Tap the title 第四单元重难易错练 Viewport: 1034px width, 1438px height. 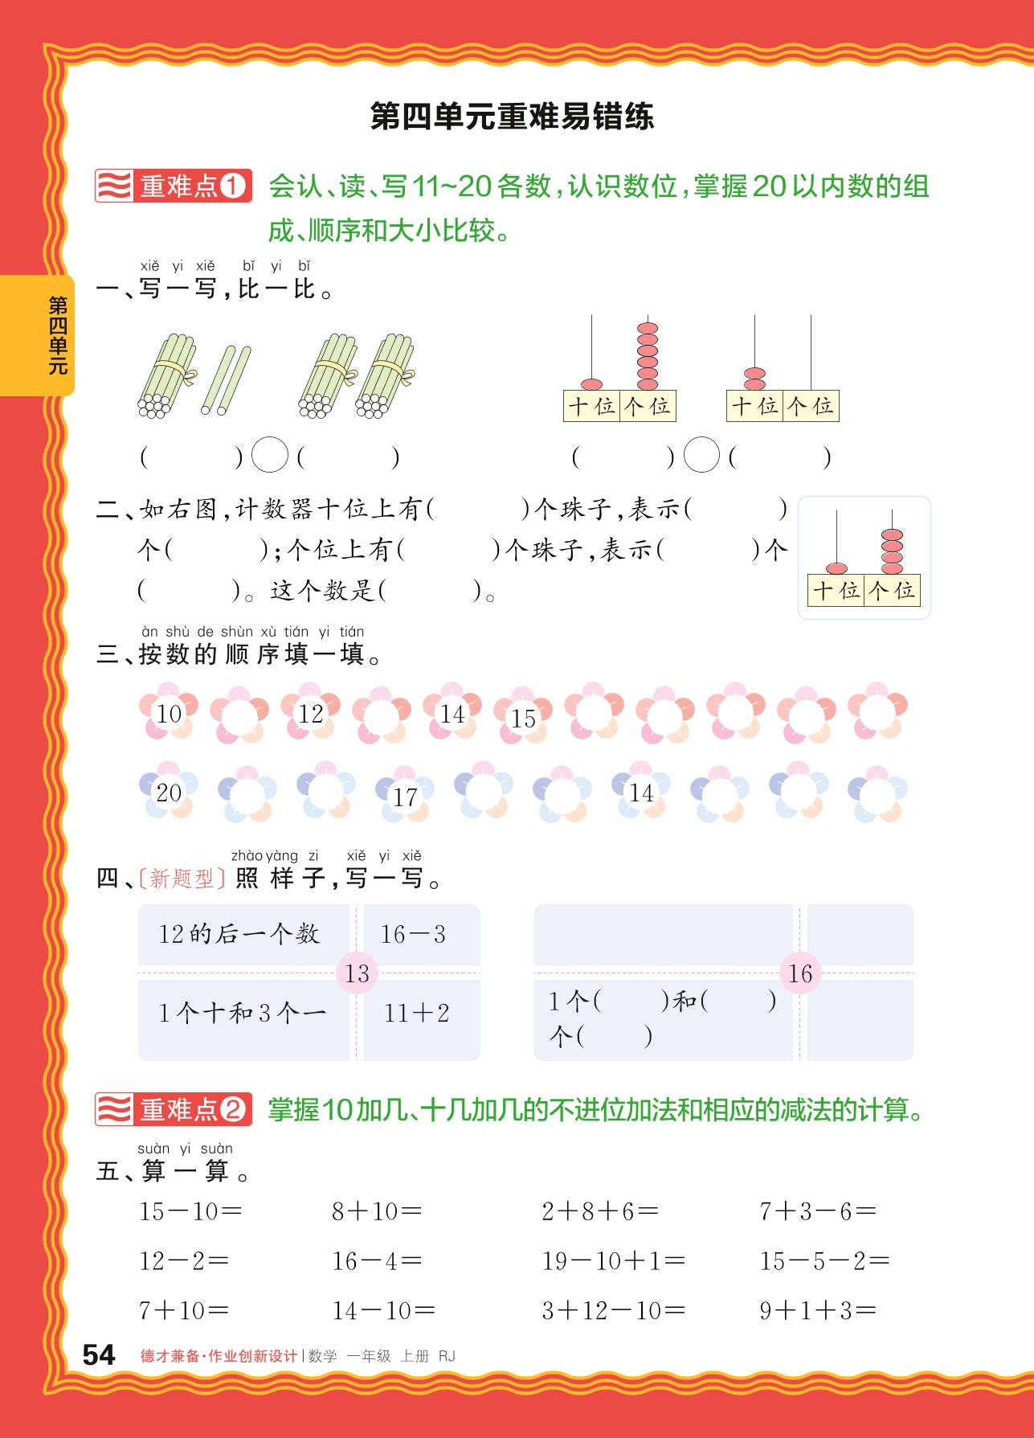(512, 117)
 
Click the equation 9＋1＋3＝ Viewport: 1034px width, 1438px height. (818, 1311)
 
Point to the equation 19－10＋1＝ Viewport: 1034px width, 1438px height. (614, 1261)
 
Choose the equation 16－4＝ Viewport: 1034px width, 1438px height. (377, 1261)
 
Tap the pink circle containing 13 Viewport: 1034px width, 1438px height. (357, 973)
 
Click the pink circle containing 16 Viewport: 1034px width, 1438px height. (800, 973)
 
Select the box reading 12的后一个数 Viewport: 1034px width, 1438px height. (239, 934)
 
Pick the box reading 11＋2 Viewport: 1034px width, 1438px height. (416, 1013)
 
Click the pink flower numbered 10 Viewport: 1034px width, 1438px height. (169, 713)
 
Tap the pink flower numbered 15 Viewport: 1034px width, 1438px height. (523, 718)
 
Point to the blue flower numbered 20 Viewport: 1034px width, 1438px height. (169, 792)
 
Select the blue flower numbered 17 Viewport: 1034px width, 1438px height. (405, 797)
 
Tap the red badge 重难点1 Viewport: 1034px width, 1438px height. (174, 186)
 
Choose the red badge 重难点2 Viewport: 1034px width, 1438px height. (174, 1110)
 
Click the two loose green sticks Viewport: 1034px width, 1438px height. (226, 380)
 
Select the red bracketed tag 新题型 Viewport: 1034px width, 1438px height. (182, 879)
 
